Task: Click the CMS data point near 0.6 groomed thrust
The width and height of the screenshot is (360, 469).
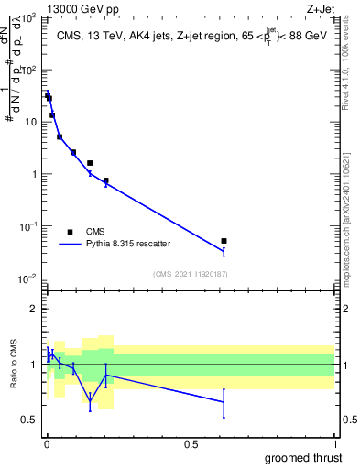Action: [224, 241]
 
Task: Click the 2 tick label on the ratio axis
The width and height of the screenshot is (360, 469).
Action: [34, 309]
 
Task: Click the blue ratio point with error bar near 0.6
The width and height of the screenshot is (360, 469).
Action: [224, 401]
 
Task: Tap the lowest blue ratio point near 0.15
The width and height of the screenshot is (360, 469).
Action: [90, 400]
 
